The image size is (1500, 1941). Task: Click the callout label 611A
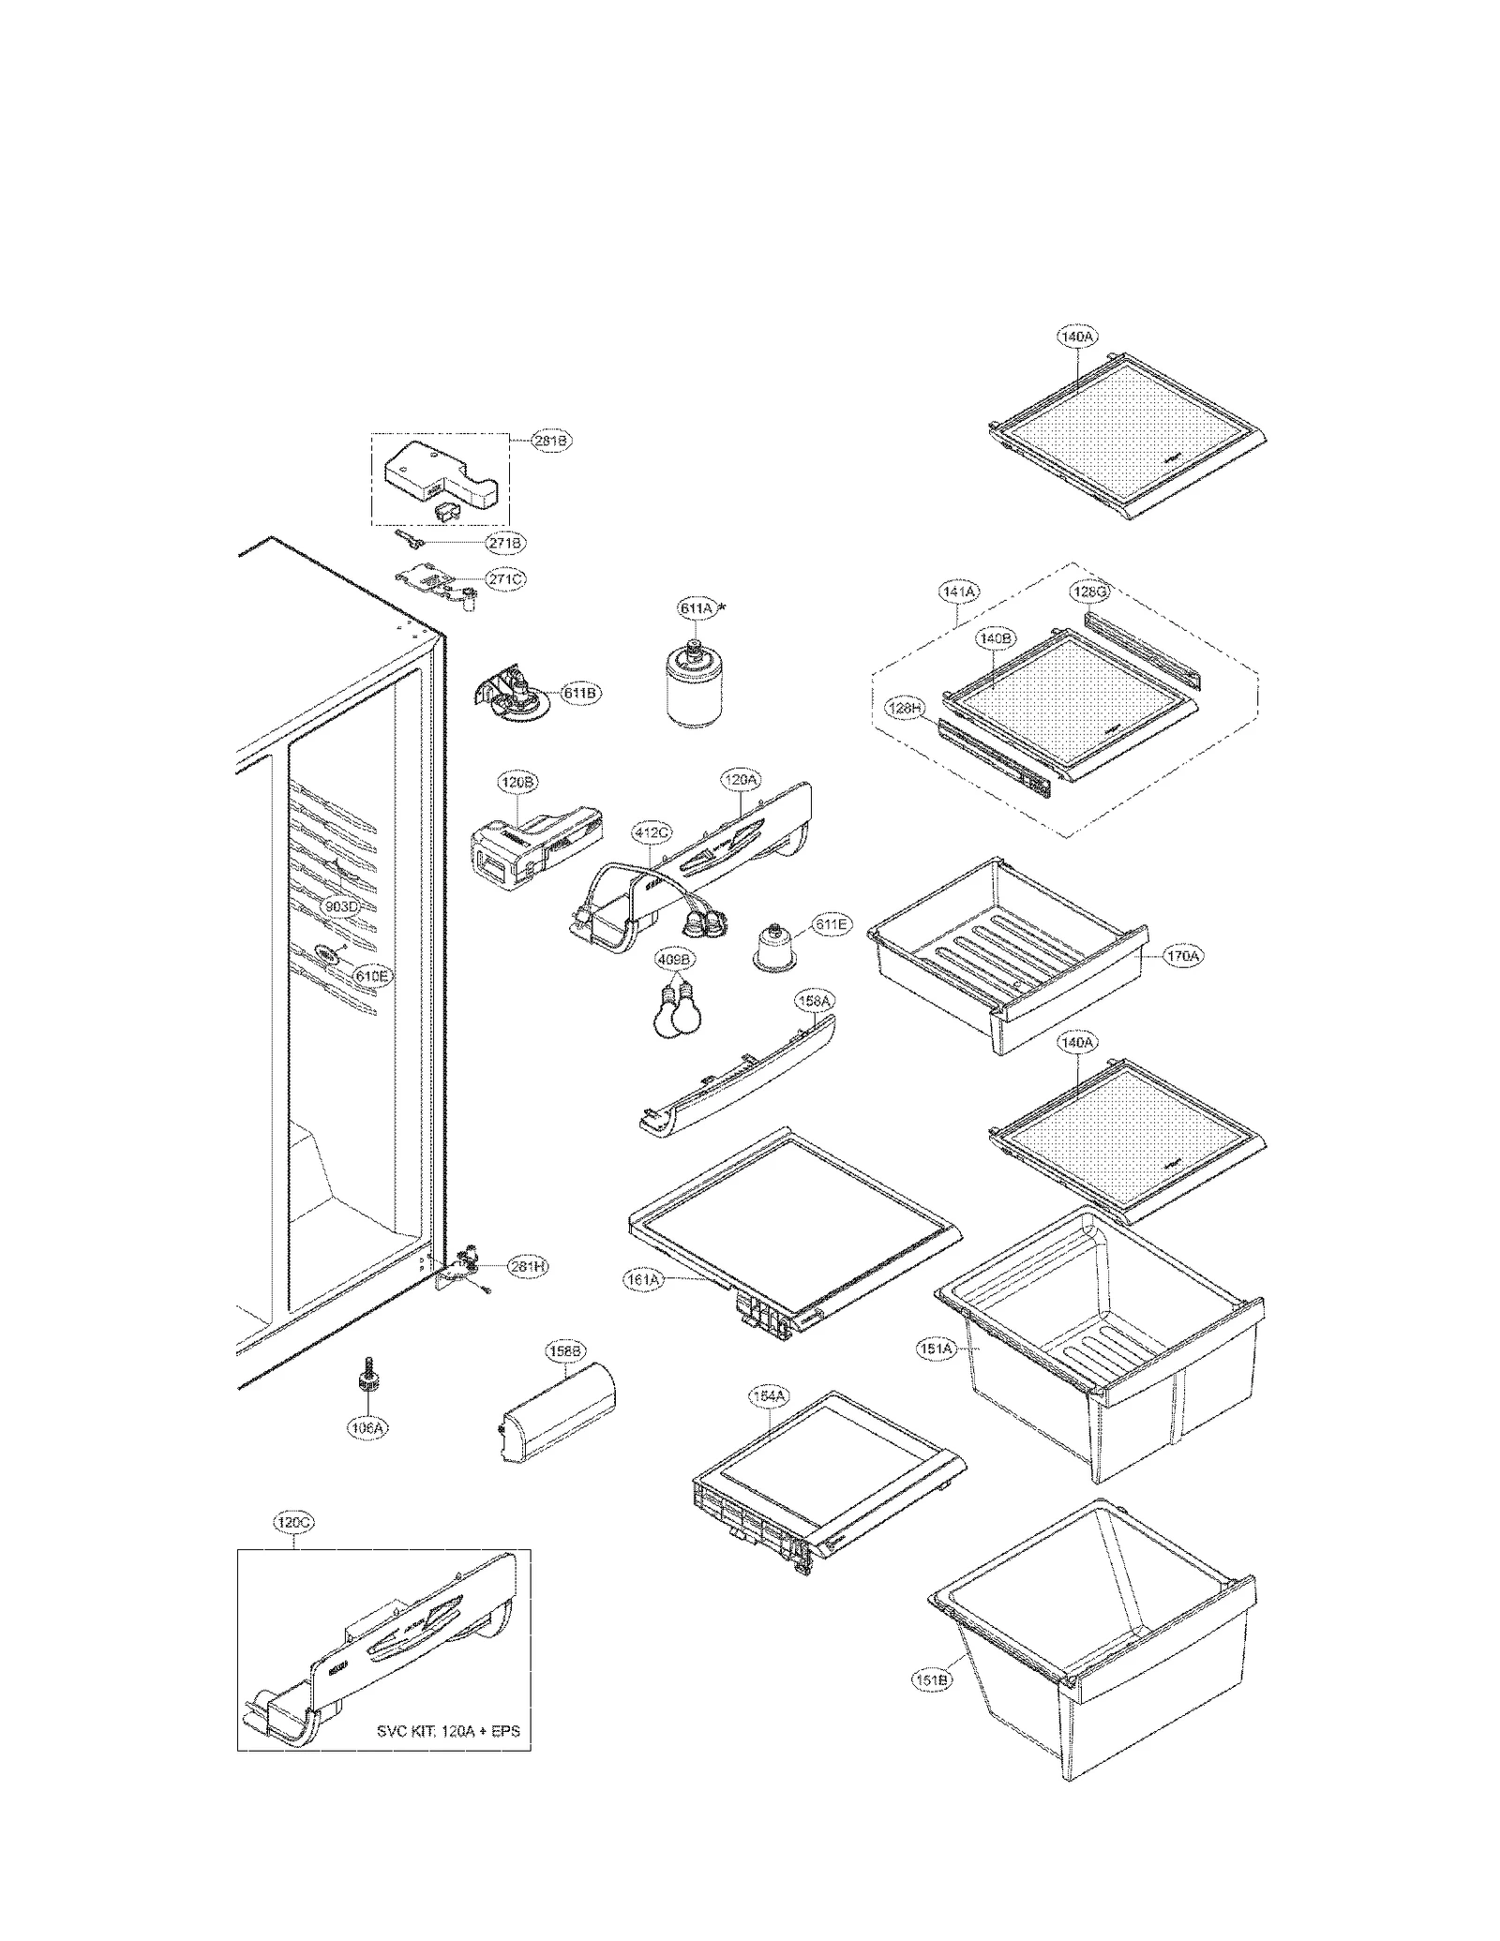697,608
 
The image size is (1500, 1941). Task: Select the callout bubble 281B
551,440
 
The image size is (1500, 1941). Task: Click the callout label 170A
1182,956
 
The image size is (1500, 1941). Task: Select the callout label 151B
930,1681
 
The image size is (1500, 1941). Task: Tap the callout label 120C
293,1523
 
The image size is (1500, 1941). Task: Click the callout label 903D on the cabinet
340,906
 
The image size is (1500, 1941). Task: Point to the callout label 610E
370,976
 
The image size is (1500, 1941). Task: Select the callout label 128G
1090,592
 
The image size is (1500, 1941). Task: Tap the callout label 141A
958,592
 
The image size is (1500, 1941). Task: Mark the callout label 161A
644,1279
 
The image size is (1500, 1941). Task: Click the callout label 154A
769,1422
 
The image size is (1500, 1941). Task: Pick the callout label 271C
505,579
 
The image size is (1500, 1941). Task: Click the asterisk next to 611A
722,607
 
